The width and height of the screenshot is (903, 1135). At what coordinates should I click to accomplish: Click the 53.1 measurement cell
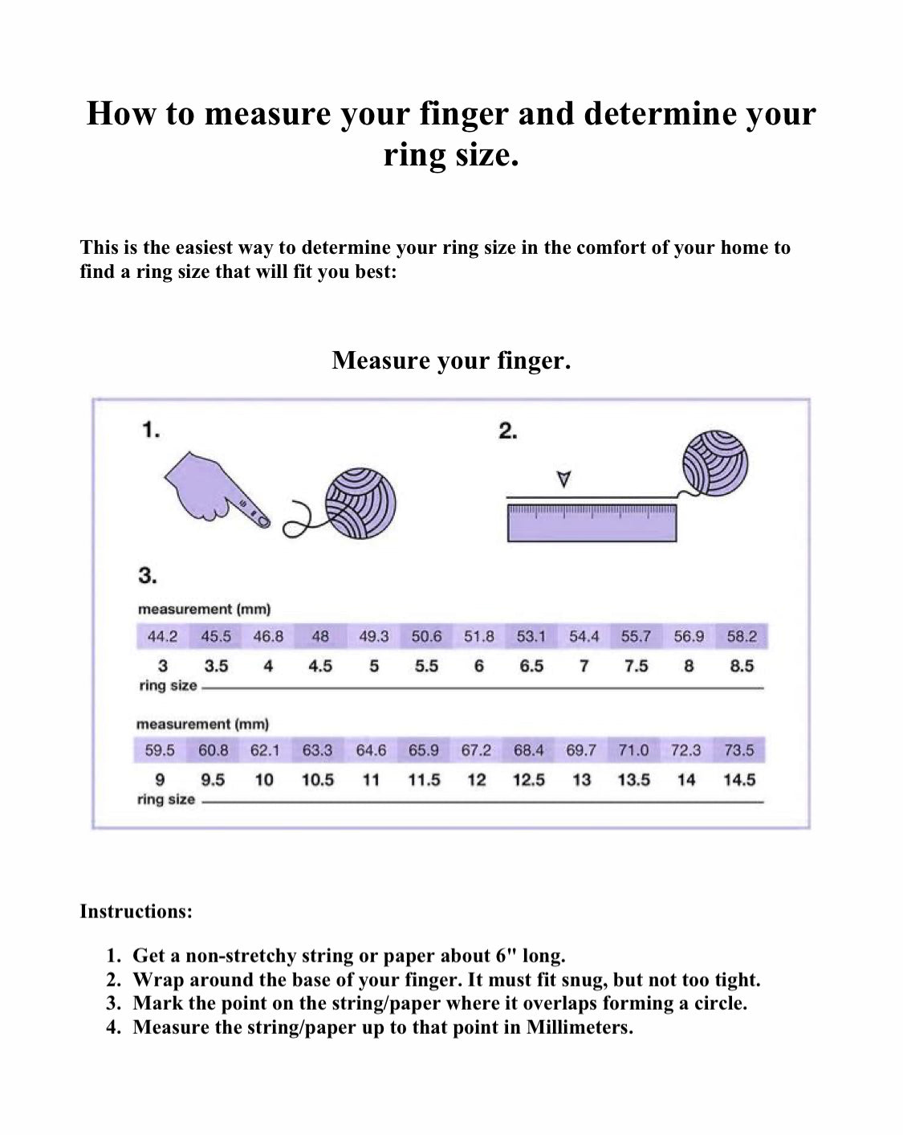pyautogui.click(x=531, y=636)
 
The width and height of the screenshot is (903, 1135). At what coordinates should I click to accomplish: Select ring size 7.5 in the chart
pyautogui.click(x=636, y=666)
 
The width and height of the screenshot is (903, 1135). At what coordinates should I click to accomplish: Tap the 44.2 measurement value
pyautogui.click(x=162, y=636)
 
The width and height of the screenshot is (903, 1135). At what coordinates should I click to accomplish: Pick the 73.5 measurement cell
pyautogui.click(x=738, y=750)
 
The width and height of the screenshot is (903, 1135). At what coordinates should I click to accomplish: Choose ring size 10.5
pyautogui.click(x=317, y=780)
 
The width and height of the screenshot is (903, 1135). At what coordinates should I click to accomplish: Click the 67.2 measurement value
pyautogui.click(x=476, y=750)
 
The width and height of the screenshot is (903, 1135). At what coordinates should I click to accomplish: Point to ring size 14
pyautogui.click(x=686, y=780)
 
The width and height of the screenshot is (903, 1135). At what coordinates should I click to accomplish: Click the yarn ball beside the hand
pyautogui.click(x=360, y=504)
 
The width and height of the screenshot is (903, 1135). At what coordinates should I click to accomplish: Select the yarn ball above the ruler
pyautogui.click(x=715, y=463)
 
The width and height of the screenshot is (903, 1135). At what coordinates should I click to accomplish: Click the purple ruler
pyautogui.click(x=592, y=521)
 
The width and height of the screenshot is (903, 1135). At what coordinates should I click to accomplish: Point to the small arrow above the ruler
pyautogui.click(x=564, y=479)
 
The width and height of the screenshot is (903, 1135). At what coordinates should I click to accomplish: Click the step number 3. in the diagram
pyautogui.click(x=148, y=575)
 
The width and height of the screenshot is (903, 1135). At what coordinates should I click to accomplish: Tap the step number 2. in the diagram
pyautogui.click(x=507, y=431)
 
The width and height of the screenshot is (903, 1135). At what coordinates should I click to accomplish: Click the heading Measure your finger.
pyautogui.click(x=451, y=360)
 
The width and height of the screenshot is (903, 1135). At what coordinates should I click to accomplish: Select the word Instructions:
pyautogui.click(x=136, y=911)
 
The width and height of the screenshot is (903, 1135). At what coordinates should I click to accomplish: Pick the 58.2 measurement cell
pyautogui.click(x=742, y=636)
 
